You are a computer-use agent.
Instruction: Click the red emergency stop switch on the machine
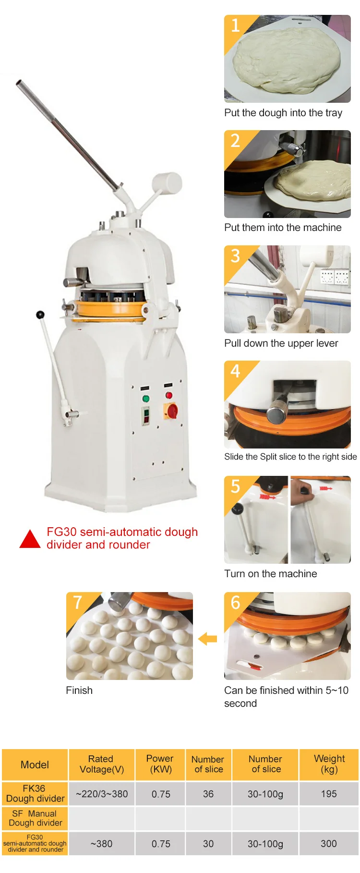pyautogui.click(x=172, y=411)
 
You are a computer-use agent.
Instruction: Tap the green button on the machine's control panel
pyautogui.click(x=146, y=399)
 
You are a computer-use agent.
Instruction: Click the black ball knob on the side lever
pyautogui.click(x=40, y=315)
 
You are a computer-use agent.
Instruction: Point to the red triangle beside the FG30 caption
pyautogui.click(x=30, y=539)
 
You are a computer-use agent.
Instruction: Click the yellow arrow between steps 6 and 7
pyautogui.click(x=207, y=639)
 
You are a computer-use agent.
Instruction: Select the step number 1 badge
pyautogui.click(x=235, y=25)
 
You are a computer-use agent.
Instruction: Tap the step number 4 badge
pyautogui.click(x=235, y=371)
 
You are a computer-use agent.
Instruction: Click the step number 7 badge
pyautogui.click(x=77, y=602)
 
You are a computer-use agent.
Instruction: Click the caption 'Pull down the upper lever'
pyautogui.click(x=281, y=343)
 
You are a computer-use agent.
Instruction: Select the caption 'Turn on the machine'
pyautogui.click(x=271, y=574)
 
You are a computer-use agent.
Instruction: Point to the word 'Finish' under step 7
pyautogui.click(x=79, y=691)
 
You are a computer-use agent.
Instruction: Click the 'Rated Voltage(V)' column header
pyautogui.click(x=101, y=764)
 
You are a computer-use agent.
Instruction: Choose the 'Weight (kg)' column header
pyautogui.click(x=329, y=764)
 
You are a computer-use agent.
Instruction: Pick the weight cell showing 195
pyautogui.click(x=329, y=794)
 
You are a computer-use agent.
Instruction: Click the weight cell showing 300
pyautogui.click(x=329, y=844)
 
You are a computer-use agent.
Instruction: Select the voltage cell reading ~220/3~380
pyautogui.click(x=102, y=794)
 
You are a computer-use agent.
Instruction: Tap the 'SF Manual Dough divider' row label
pyautogui.click(x=35, y=818)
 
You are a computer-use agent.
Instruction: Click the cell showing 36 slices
pyautogui.click(x=208, y=794)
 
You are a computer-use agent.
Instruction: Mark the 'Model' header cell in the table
pyautogui.click(x=35, y=764)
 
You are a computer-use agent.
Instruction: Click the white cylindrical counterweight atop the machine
pyautogui.click(x=167, y=183)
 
